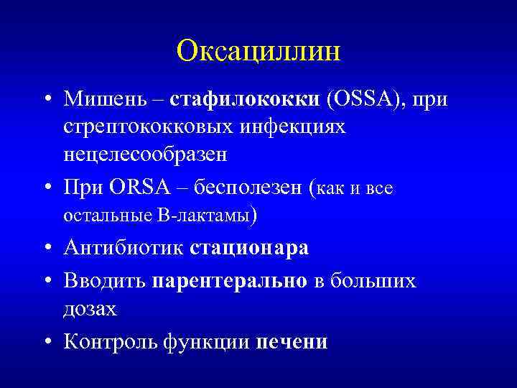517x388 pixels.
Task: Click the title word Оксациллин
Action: click(x=258, y=52)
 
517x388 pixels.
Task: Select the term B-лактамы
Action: click(x=210, y=215)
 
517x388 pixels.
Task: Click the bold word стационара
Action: click(x=249, y=248)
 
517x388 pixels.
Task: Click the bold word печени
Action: click(x=292, y=341)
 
